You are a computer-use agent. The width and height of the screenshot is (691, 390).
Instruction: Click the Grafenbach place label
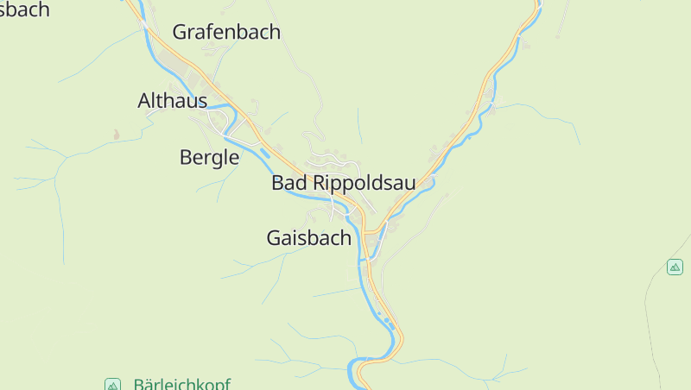(x=226, y=32)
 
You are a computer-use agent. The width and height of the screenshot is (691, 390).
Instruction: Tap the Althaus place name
(x=173, y=101)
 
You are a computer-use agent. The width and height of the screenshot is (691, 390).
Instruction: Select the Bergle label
(x=209, y=157)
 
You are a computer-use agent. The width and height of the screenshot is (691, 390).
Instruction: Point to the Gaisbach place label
(x=308, y=238)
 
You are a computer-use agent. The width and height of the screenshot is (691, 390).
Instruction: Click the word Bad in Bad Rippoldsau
(x=289, y=183)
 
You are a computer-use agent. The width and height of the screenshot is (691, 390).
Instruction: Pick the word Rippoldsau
(x=364, y=183)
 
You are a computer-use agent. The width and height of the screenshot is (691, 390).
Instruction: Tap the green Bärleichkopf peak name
(x=181, y=384)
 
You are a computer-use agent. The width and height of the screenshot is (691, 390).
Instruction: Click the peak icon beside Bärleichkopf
(x=111, y=384)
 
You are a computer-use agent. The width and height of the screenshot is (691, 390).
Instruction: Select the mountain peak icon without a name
(x=675, y=267)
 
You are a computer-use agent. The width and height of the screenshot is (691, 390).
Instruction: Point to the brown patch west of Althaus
(x=116, y=135)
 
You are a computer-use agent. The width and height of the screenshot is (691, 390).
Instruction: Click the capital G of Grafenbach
(x=181, y=32)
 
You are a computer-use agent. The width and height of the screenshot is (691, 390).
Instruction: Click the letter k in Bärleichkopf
(x=204, y=384)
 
